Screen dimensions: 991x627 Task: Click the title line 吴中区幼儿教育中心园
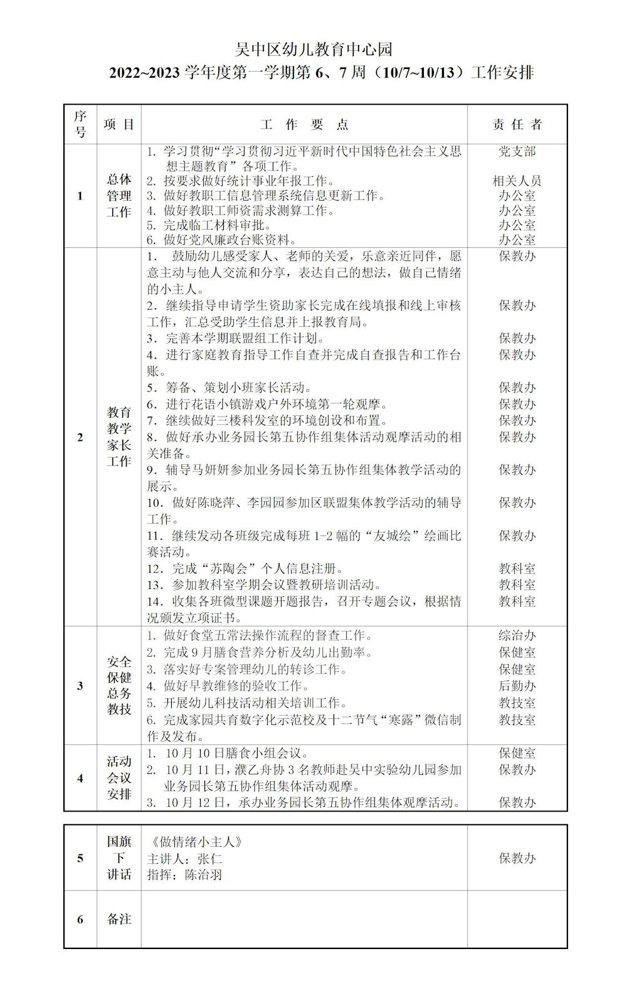pos(313,49)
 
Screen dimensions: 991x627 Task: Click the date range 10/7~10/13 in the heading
pos(421,73)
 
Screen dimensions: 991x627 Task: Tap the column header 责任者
pos(517,124)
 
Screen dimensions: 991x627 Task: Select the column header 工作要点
pos(304,124)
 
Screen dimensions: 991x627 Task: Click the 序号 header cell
pos(80,124)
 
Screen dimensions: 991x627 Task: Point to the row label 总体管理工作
pos(119,196)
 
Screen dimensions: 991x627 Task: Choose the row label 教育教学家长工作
pos(119,437)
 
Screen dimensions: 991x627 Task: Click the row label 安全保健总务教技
pos(119,686)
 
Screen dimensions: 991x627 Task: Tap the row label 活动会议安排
pos(119,778)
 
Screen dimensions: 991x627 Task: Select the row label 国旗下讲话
pos(119,858)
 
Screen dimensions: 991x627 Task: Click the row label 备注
pos(119,919)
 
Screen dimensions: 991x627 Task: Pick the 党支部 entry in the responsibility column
pos(517,152)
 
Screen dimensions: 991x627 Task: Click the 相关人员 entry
pos(517,181)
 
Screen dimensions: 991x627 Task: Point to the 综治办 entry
pos(517,636)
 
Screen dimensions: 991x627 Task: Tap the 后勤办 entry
pos(517,686)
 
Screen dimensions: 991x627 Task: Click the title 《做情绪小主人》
pos(194,842)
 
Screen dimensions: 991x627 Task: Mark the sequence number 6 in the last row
pos(80,919)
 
